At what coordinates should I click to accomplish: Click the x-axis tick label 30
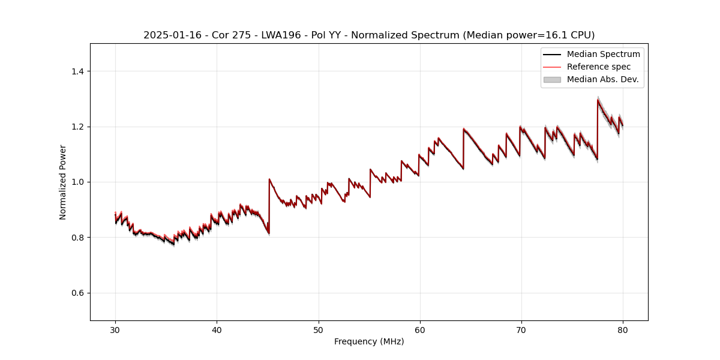115,329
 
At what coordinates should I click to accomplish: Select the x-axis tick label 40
217,329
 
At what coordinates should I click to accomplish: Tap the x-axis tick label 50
318,329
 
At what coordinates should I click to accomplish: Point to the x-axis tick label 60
419,329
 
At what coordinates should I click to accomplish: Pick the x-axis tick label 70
521,329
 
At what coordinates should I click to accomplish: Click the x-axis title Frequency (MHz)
369,341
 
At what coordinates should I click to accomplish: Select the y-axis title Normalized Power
63,182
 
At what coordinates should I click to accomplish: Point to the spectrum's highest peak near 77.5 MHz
598,100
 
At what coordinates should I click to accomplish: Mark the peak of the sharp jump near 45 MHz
269,179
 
